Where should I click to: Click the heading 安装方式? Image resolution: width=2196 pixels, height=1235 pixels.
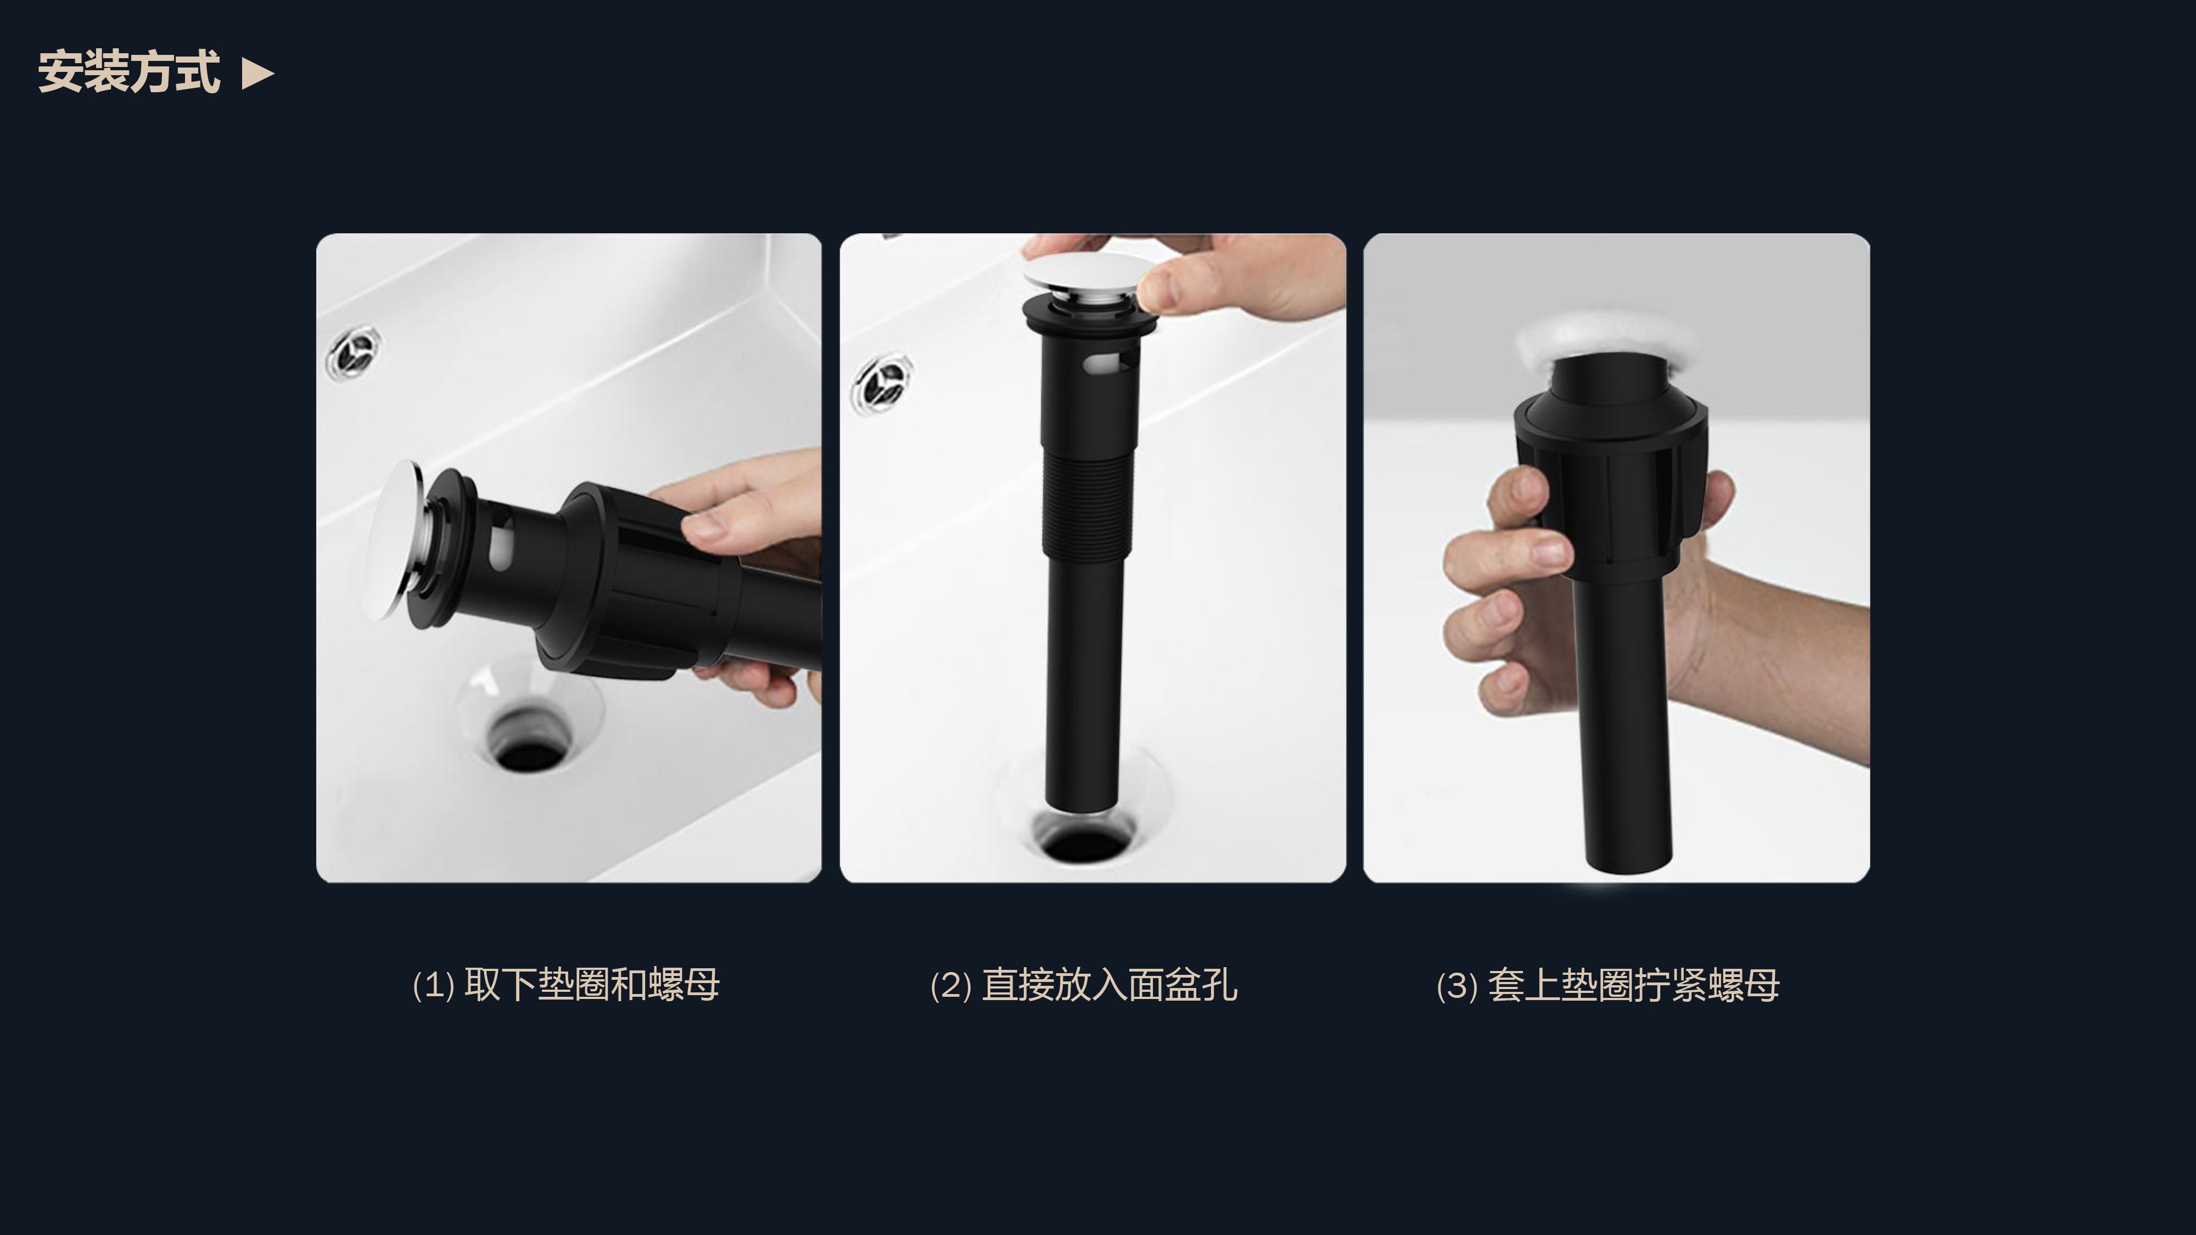click(x=128, y=71)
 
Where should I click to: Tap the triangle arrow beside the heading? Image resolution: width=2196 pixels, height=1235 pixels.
click(x=257, y=74)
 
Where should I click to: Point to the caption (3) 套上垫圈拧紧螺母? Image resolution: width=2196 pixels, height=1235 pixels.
click(x=1608, y=985)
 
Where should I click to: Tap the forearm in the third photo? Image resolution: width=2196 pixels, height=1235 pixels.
click(x=1782, y=665)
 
